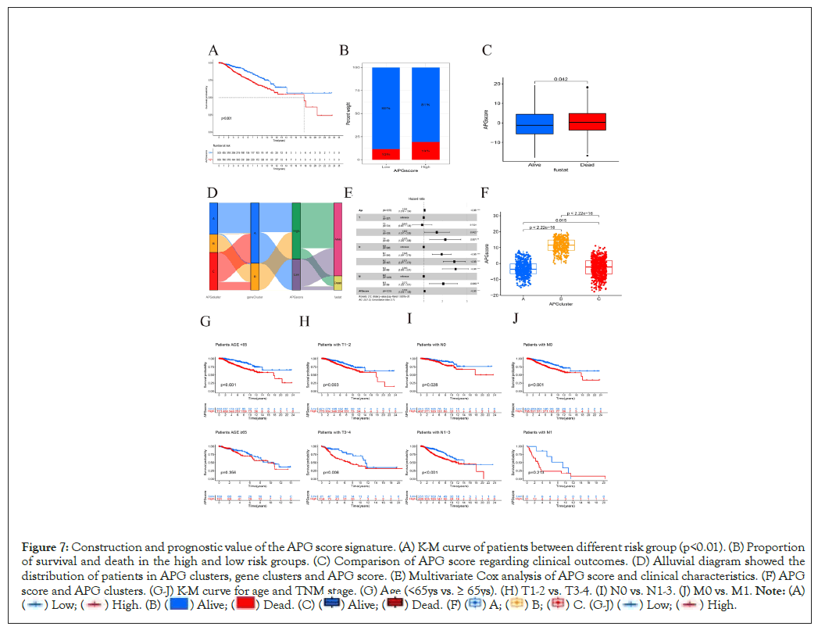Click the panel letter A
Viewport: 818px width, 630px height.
tap(214, 52)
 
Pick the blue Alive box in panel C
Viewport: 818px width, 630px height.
tap(535, 124)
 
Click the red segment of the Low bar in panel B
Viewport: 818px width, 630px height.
tap(386, 154)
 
